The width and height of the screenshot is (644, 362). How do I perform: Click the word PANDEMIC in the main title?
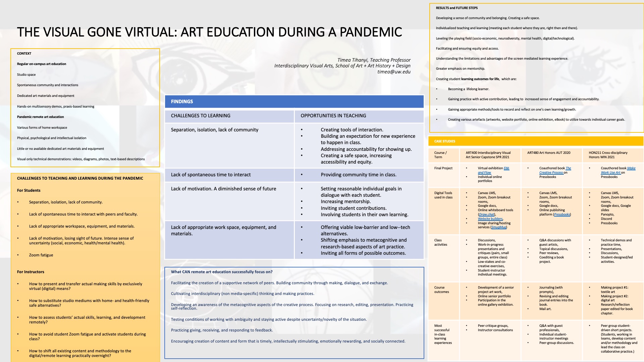pyautogui.click(x=371, y=32)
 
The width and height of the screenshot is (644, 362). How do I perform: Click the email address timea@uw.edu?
pyautogui.click(x=394, y=72)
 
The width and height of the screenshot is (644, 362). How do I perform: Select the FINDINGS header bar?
pyautogui.click(x=294, y=102)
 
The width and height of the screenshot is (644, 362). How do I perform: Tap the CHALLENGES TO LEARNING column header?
pyautogui.click(x=201, y=116)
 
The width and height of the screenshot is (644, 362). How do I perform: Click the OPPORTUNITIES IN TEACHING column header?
pyautogui.click(x=333, y=116)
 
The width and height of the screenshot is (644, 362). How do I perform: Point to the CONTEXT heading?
pyautogui.click(x=24, y=54)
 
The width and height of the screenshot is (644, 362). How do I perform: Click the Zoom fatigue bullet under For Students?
pyautogui.click(x=41, y=255)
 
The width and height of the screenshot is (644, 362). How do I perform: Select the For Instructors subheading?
pyautogui.click(x=31, y=272)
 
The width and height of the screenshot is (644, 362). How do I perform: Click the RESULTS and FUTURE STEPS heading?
pyautogui.click(x=457, y=8)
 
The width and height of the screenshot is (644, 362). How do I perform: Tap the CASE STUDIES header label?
pyautogui.click(x=444, y=141)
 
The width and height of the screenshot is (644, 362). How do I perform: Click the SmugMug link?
pyautogui.click(x=499, y=227)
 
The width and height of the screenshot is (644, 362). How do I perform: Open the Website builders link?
pyautogui.click(x=490, y=219)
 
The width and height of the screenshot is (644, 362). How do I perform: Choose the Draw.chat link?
pyautogui.click(x=486, y=215)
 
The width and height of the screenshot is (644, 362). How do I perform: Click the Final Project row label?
pyautogui.click(x=443, y=168)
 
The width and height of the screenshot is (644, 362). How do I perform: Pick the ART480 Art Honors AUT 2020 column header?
pyautogui.click(x=548, y=153)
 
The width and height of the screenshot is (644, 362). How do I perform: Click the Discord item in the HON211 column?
pyautogui.click(x=606, y=219)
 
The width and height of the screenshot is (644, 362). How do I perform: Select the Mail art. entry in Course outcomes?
pyautogui.click(x=545, y=309)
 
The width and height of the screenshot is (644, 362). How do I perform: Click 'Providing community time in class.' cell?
pyautogui.click(x=358, y=175)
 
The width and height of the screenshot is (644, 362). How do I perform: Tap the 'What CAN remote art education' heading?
pyautogui.click(x=222, y=272)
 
